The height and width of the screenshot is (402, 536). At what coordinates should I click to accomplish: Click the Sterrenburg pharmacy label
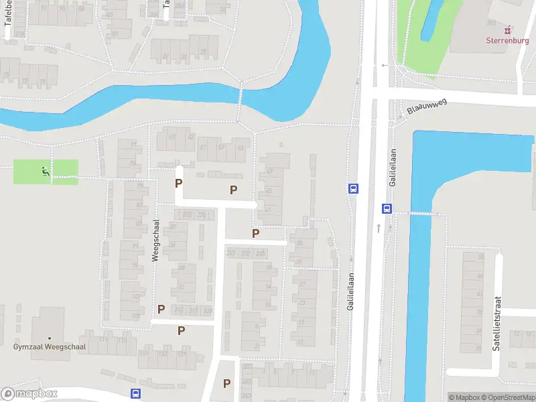tap(507, 40)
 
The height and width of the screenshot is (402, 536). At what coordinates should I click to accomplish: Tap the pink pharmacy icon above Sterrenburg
tap(507, 29)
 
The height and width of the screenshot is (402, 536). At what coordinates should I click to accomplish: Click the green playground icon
tap(46, 172)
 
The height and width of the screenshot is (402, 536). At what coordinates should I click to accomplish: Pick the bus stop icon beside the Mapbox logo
tap(135, 393)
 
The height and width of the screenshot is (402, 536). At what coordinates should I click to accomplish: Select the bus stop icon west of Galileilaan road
tap(352, 188)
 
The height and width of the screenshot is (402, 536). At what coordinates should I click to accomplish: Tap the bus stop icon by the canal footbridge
tap(387, 208)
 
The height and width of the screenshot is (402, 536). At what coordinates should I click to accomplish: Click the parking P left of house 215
tap(161, 309)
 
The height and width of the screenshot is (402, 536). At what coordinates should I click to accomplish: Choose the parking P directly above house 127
tap(181, 330)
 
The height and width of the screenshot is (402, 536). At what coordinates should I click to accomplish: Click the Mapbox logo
tap(29, 394)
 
